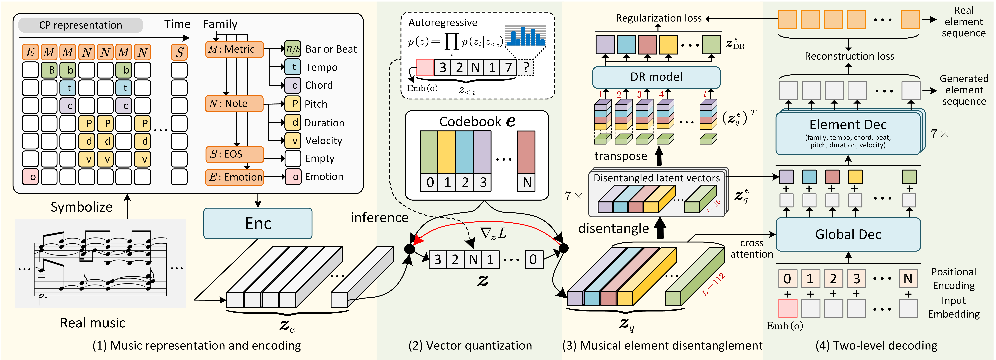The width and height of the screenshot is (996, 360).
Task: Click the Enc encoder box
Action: pos(258,224)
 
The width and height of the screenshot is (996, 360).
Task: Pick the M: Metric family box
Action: pos(234,50)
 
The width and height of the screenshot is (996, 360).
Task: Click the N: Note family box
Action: pos(234,104)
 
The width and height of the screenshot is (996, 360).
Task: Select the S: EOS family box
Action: pos(234,154)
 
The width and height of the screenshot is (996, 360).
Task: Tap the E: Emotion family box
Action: pos(234,177)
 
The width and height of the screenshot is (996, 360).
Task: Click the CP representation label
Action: pos(80,25)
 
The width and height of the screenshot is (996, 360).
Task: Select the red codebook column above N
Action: pos(526,152)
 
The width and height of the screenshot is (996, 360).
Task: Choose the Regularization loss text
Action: pos(658,18)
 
